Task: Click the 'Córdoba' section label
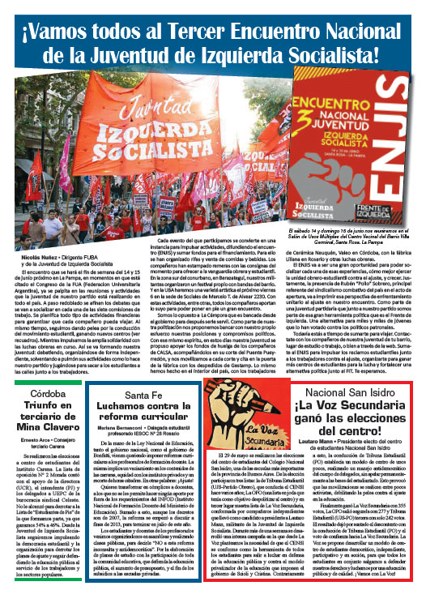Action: [x=45, y=400]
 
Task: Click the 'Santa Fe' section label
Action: [x=148, y=400]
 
